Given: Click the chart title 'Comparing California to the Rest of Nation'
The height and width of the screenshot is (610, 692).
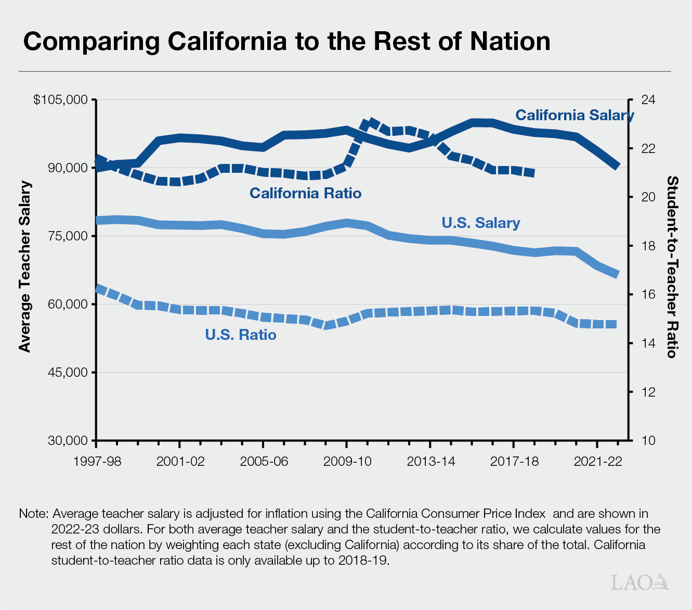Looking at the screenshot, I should [x=286, y=42].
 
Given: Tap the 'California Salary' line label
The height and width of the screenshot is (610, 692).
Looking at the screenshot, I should [x=574, y=115].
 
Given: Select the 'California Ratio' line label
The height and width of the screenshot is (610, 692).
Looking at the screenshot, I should [x=305, y=193].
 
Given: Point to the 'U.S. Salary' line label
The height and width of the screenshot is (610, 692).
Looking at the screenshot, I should [x=480, y=223].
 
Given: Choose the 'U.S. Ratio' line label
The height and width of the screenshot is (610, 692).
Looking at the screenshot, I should [x=241, y=335].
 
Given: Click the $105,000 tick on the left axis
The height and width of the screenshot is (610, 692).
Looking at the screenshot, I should [x=60, y=99].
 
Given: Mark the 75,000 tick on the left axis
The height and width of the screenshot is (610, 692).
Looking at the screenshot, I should [x=68, y=236].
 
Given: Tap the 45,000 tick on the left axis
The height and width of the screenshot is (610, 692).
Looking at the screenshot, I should [x=68, y=372].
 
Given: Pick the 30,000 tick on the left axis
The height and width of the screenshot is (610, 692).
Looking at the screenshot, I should [x=68, y=440].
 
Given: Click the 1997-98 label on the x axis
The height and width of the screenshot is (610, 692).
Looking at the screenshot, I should [x=97, y=462].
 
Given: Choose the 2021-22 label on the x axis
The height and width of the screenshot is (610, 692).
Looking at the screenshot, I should [x=597, y=462].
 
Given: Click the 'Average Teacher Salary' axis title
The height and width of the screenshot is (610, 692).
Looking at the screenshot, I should [x=24, y=267].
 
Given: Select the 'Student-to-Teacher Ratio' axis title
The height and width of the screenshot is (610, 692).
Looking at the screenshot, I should [x=672, y=267].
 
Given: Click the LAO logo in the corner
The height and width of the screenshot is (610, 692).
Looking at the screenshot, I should [x=640, y=582].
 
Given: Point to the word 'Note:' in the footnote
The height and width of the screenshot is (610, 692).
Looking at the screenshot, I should [x=34, y=514].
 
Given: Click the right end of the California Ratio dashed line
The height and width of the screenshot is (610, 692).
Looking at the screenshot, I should [x=533, y=173].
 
